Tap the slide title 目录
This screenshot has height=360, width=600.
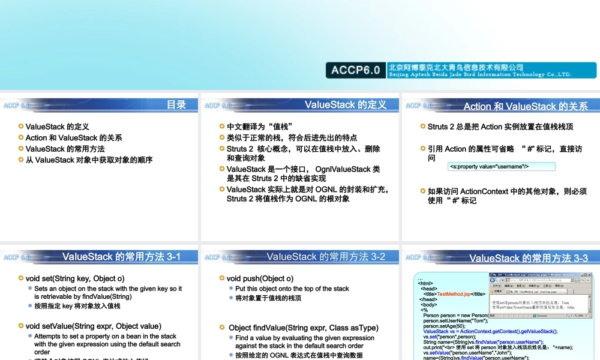pyautogui.click(x=176, y=105)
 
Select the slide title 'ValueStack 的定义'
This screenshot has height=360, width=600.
pyautogui.click(x=345, y=105)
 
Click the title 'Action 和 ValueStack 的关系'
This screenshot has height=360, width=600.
pyautogui.click(x=526, y=107)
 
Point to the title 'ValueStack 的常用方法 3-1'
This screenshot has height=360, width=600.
pyautogui.click(x=121, y=257)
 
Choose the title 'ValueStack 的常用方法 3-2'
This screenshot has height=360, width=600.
pyautogui.click(x=326, y=257)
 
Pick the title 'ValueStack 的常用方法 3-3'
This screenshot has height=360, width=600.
pyautogui.click(x=529, y=259)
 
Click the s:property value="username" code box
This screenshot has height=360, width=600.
pyautogui.click(x=501, y=167)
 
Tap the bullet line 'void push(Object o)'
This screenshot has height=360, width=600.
pyautogui.click(x=260, y=278)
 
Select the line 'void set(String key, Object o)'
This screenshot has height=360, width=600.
pyautogui.click(x=75, y=278)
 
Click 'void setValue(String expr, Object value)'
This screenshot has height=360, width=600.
pyautogui.click(x=93, y=326)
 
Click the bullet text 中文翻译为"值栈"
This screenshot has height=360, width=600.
pyautogui.click(x=259, y=127)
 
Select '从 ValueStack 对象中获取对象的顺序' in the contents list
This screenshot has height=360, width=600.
pyautogui.click(x=89, y=160)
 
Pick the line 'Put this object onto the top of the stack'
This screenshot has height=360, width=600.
pyautogui.click(x=292, y=289)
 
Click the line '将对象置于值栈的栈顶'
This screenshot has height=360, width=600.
pyautogui.click(x=268, y=298)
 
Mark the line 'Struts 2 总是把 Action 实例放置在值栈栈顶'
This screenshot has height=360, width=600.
pyautogui.click(x=500, y=127)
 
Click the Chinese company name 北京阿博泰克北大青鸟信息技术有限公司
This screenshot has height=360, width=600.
pyautogui.click(x=456, y=67)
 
